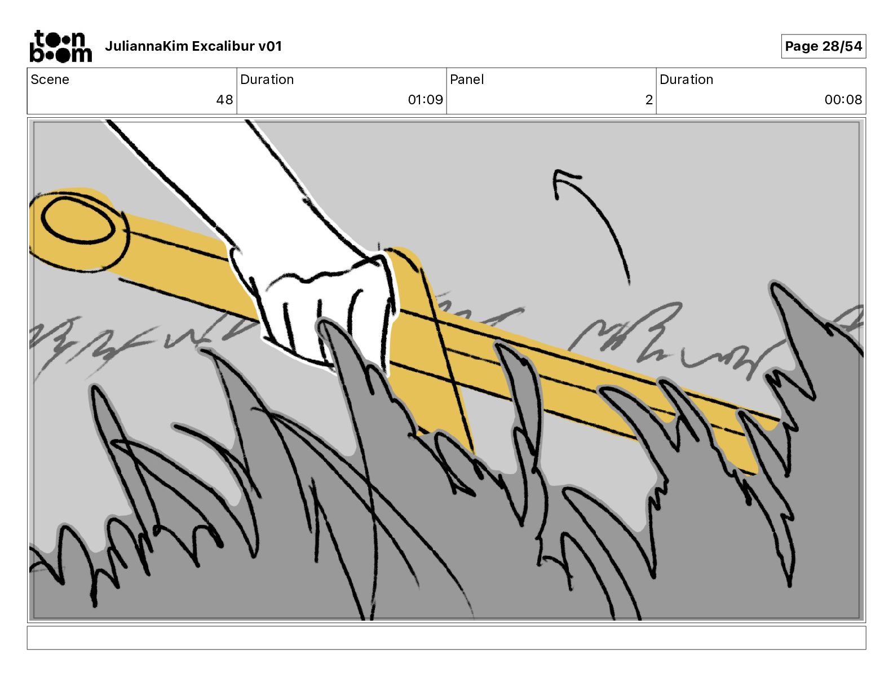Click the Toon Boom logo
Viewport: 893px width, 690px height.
pyautogui.click(x=60, y=46)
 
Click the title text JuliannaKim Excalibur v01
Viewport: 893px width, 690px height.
pyautogui.click(x=193, y=46)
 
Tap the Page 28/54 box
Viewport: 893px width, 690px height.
pyautogui.click(x=823, y=46)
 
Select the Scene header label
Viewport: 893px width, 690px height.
pyautogui.click(x=50, y=79)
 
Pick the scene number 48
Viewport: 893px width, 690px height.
pyautogui.click(x=224, y=100)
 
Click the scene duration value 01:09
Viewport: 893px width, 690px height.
pyautogui.click(x=425, y=100)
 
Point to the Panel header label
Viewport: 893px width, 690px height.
pyautogui.click(x=467, y=79)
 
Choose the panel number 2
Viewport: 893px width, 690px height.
pyautogui.click(x=649, y=100)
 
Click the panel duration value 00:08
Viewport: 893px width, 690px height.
pyautogui.click(x=843, y=100)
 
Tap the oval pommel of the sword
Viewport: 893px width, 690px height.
pyautogui.click(x=77, y=223)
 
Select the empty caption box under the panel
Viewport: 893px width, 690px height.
pyautogui.click(x=446, y=638)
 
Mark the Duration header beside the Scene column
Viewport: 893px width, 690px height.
pyautogui.click(x=267, y=79)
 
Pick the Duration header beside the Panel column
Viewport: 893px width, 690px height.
pyautogui.click(x=686, y=79)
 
